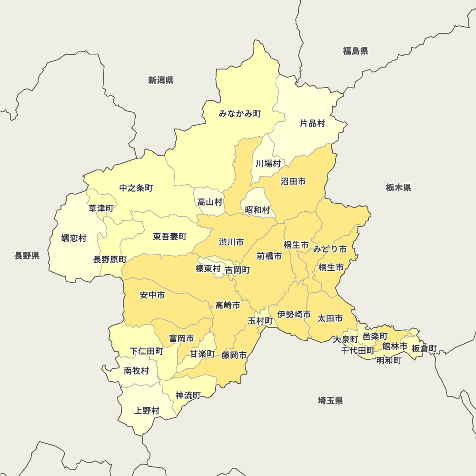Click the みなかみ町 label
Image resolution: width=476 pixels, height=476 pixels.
[240, 114]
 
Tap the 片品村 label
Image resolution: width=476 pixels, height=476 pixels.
[312, 123]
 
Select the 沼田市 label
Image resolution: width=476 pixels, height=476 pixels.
[293, 181]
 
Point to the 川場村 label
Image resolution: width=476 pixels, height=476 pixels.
[268, 164]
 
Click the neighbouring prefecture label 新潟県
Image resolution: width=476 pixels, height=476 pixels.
[160, 80]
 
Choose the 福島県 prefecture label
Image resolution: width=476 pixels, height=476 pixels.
[356, 51]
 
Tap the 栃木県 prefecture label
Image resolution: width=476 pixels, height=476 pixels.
[398, 188]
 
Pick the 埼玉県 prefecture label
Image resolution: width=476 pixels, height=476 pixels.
[330, 400]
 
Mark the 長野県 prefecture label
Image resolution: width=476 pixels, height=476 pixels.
[27, 256]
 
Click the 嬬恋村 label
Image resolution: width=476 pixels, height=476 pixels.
[74, 238]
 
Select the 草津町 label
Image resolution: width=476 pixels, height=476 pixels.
[101, 208]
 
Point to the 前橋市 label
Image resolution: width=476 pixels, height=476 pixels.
[269, 256]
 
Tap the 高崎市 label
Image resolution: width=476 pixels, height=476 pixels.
[228, 305]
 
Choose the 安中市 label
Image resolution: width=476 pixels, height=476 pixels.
[152, 295]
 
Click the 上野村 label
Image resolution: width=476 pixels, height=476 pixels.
[147, 410]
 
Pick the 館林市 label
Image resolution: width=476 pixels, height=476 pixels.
[395, 347]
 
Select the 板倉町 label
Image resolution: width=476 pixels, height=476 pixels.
[424, 348]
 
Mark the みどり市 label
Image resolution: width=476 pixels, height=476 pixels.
[329, 249]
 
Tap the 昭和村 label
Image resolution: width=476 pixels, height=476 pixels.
[258, 209]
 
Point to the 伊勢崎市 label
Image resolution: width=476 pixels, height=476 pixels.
[294, 314]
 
